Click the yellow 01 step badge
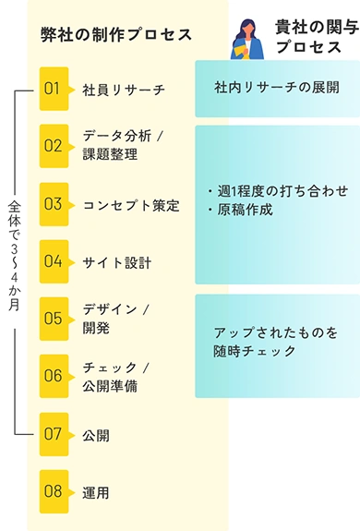[x=54, y=89]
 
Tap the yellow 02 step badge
[x=54, y=146]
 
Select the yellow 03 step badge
[x=54, y=204]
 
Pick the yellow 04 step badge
[x=54, y=261]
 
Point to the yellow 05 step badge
[x=54, y=319]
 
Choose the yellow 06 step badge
[x=54, y=376]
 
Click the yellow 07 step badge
[x=54, y=433]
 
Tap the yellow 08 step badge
[x=54, y=491]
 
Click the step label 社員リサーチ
[x=123, y=90]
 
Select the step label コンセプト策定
[x=130, y=205]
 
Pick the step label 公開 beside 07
[x=96, y=434]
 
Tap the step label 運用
[x=96, y=492]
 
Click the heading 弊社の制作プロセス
[x=116, y=34]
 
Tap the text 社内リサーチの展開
[x=277, y=89]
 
